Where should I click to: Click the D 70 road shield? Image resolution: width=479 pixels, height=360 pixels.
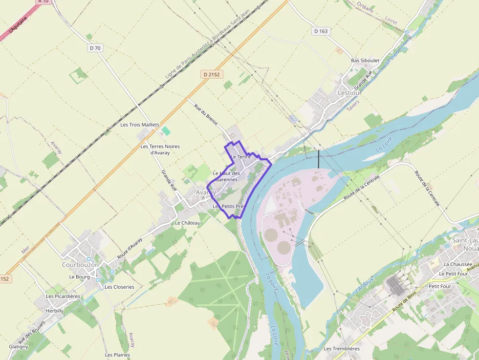tap(95, 48)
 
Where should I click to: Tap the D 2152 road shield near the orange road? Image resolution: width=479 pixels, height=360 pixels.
tap(211, 74)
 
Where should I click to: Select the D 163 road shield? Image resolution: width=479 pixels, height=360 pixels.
tap(321, 31)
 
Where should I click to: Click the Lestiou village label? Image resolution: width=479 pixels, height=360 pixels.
tap(349, 92)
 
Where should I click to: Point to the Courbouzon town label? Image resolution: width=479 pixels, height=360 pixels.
tap(80, 265)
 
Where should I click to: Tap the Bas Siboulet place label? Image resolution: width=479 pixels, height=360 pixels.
tap(365, 61)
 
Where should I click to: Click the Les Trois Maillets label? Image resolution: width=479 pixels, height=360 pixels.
tap(140, 125)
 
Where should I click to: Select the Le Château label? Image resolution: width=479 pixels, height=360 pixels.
tap(188, 223)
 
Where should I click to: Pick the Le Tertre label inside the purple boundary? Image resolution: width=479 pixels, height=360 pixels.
tap(240, 157)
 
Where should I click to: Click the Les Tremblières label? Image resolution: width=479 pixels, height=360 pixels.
tap(342, 349)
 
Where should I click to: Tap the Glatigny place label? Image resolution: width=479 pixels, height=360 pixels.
tap(19, 347)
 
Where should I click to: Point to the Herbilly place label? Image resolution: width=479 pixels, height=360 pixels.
tap(54, 311)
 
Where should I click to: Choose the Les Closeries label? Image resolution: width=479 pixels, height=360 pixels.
tap(119, 287)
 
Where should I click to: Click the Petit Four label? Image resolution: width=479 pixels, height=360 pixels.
tap(439, 286)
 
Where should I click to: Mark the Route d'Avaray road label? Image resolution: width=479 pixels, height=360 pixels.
tap(130, 249)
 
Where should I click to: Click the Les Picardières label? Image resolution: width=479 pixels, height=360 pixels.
tap(63, 296)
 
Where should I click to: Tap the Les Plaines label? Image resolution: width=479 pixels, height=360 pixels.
tap(117, 355)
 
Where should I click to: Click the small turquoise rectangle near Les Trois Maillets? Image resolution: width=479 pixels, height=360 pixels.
tap(166, 131)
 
